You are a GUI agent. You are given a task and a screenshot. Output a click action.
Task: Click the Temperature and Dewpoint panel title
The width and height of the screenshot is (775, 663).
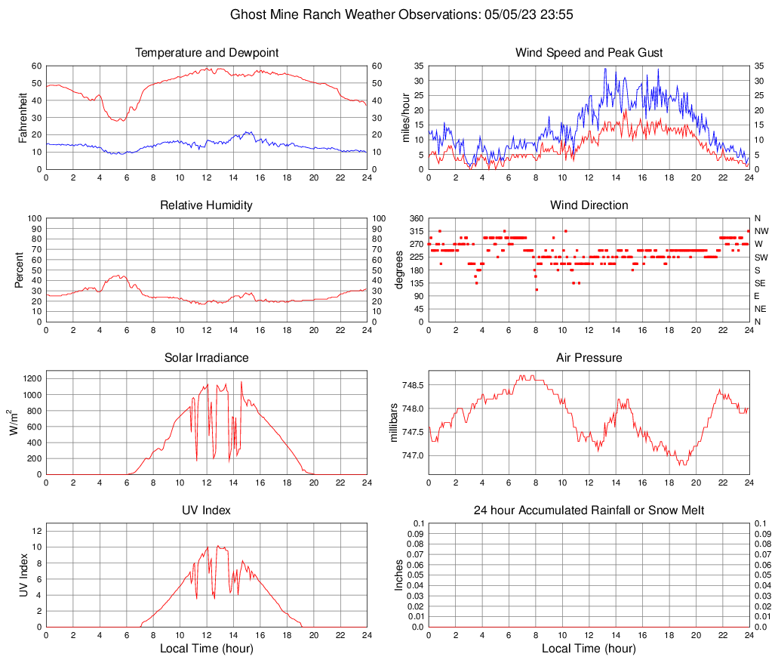[207, 53]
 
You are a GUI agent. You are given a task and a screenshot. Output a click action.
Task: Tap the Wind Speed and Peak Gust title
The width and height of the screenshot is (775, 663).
[589, 53]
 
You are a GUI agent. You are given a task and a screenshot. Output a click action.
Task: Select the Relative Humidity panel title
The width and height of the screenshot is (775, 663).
[207, 205]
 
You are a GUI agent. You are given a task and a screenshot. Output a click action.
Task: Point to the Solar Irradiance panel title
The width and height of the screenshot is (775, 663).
[207, 358]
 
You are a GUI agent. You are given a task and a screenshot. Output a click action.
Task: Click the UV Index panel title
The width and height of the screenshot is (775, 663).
[207, 510]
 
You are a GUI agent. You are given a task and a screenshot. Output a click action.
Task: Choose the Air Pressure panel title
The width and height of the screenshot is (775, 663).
[589, 358]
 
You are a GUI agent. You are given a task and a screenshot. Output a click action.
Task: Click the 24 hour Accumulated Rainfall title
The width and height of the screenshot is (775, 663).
[589, 510]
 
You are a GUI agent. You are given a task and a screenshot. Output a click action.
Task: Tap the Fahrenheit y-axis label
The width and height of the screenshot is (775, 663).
[23, 117]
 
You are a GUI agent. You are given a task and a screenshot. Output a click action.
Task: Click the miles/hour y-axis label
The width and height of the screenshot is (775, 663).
[405, 117]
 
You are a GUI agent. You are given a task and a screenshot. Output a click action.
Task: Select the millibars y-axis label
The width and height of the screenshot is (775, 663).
[393, 423]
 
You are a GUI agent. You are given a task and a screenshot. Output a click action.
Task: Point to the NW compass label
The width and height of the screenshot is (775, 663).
[761, 231]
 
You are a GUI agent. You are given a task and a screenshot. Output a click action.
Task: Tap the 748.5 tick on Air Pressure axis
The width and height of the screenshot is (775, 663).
[413, 385]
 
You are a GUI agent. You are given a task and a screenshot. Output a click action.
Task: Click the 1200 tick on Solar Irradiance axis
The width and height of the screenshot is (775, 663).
[32, 375]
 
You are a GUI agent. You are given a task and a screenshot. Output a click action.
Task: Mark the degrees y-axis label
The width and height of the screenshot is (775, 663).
[399, 270]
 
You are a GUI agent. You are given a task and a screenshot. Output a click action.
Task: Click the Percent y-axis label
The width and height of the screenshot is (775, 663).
[20, 270]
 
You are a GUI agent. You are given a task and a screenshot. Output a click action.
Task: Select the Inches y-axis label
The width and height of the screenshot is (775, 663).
[399, 575]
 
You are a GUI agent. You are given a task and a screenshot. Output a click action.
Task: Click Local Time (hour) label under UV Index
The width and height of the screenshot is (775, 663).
[207, 649]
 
